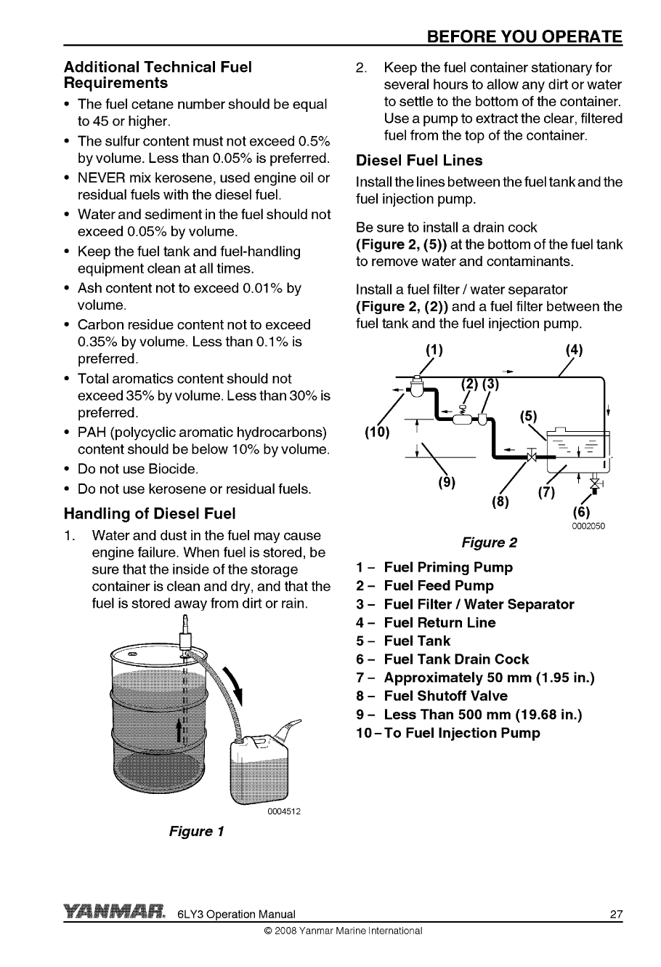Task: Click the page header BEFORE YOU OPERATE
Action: tap(524, 36)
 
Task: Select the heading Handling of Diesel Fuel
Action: tap(150, 514)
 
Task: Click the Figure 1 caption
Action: tap(196, 830)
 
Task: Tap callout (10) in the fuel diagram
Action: tap(377, 434)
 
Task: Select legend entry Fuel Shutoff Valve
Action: tap(445, 696)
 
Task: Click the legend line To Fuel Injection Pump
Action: tap(447, 733)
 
